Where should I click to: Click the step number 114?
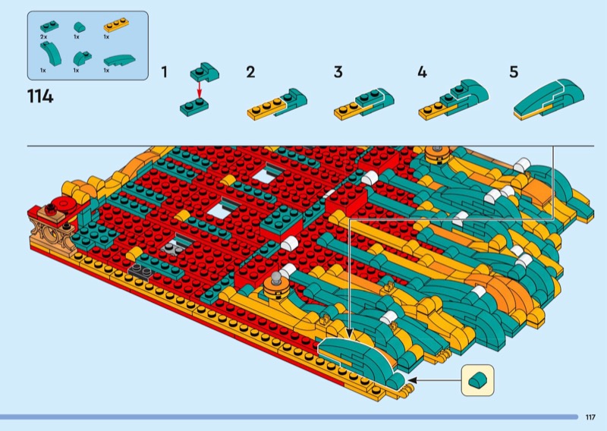pos(40,96)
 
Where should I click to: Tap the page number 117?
pos(590,417)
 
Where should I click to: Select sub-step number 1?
pos(165,72)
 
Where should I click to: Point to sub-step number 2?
pos(250,72)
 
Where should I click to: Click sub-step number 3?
pos(338,72)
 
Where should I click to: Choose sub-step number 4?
pos(423,72)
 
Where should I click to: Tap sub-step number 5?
pos(514,72)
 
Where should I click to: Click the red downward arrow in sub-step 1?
pos(200,90)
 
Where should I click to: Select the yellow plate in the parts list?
pos(117,25)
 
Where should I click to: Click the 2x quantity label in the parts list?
pos(43,36)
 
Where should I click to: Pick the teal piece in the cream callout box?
pos(478,380)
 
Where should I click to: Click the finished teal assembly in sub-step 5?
pos(549,99)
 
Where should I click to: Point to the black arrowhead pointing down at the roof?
pos(350,333)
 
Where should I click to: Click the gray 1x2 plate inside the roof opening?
pos(173,247)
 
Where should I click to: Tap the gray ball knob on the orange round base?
pos(276,276)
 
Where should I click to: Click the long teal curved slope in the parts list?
pos(120,61)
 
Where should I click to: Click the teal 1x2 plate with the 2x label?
pos(49,27)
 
